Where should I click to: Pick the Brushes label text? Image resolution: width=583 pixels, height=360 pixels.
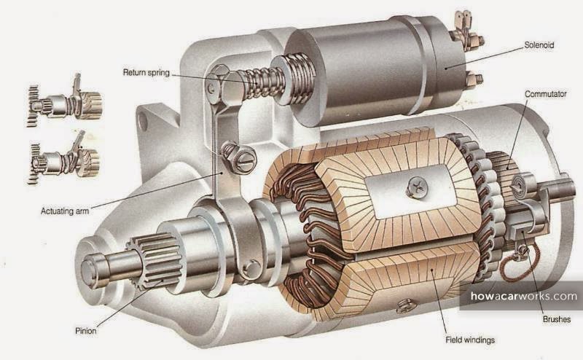coord(557,318)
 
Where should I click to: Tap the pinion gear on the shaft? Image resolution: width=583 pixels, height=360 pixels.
coord(154,259)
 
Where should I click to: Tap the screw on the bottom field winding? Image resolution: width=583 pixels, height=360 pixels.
coord(402,308)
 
